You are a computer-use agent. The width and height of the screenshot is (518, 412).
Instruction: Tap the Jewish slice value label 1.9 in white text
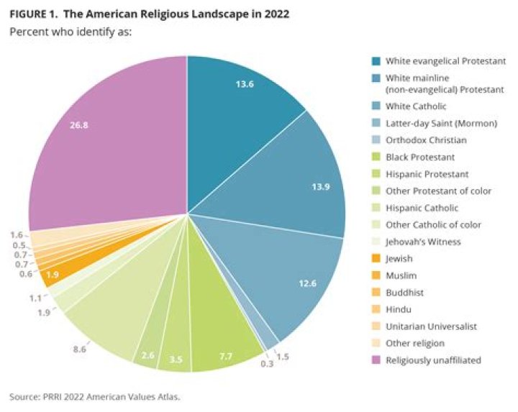[x=53, y=275]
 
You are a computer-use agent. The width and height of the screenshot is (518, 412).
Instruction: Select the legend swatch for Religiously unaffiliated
[x=376, y=359]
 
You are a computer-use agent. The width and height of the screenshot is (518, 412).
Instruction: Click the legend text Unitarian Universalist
[x=426, y=326]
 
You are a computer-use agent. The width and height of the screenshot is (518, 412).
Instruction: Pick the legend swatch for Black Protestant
[x=376, y=157]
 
